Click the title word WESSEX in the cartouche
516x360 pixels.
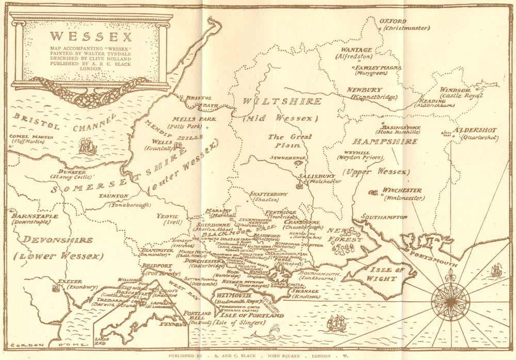(x=91, y=37)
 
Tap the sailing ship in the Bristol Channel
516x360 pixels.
(x=87, y=146)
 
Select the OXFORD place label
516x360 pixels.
(x=393, y=21)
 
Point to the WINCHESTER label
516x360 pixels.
(x=401, y=190)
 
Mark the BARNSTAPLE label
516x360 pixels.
(x=34, y=216)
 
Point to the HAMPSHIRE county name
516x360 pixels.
(x=384, y=141)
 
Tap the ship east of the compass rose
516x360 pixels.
(x=496, y=270)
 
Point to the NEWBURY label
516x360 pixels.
(x=364, y=90)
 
